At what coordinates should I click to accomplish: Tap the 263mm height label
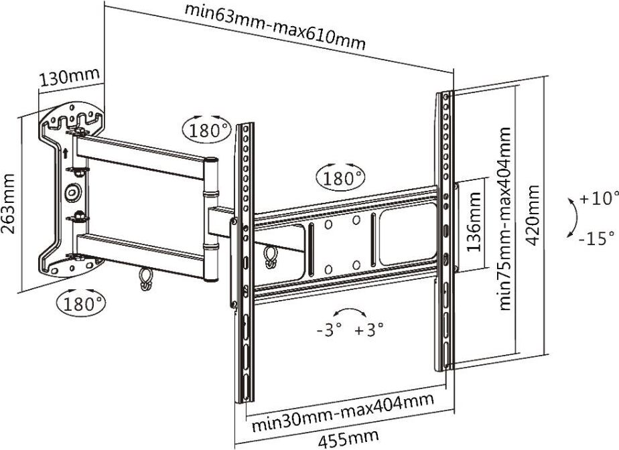coord(9,204)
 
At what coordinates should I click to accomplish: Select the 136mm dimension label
coord(473,221)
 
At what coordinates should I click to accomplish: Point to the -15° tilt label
coord(597,237)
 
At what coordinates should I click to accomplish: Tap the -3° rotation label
coord(329,329)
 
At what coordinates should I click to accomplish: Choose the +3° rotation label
coord(369,329)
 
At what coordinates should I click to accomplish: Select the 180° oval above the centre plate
coord(342,178)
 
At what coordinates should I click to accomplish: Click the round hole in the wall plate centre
coord(72,193)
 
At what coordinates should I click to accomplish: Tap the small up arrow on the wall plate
coord(64,153)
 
